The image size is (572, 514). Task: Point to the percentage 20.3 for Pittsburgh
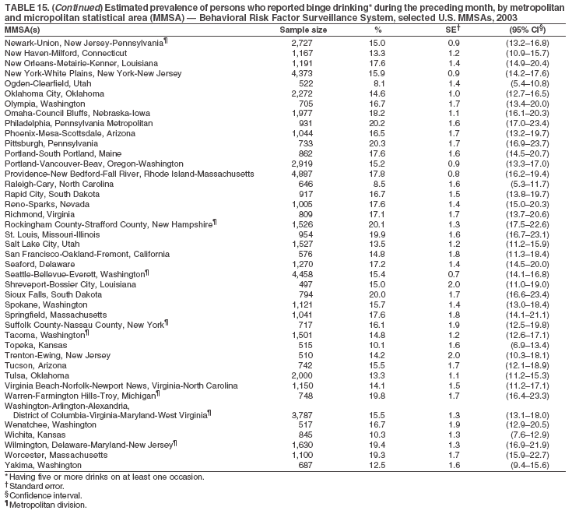[x=377, y=143]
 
